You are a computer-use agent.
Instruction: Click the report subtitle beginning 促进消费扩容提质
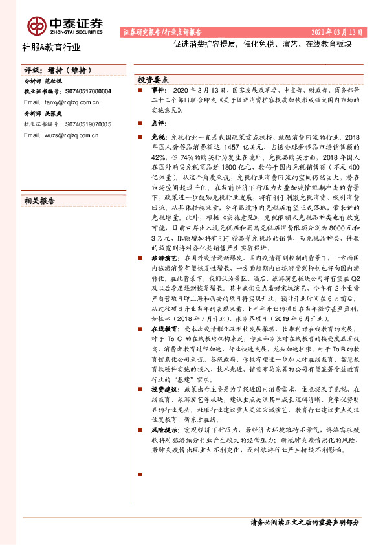(262, 46)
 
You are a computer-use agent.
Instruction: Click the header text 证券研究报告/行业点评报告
(162, 31)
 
